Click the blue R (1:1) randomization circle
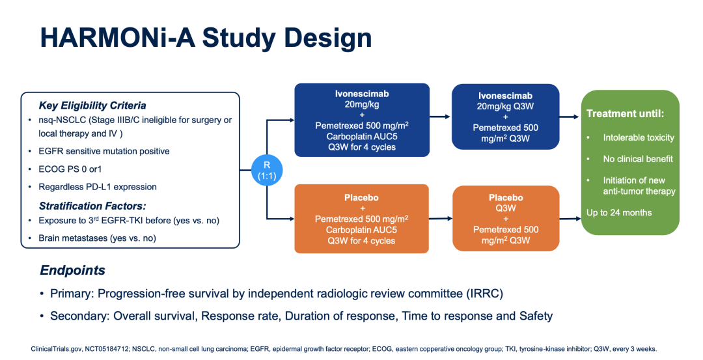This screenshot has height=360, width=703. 267,171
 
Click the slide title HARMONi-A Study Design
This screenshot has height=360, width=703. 206,38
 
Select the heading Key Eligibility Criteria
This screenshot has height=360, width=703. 92,105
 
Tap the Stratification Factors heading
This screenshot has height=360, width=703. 92,206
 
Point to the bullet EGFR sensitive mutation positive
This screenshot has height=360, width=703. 104,151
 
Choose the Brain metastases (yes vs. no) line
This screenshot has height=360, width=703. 97,238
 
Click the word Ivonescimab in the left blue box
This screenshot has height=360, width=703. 362,94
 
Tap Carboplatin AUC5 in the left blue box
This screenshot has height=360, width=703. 362,136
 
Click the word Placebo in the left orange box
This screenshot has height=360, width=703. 361,198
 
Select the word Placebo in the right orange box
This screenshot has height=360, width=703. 506,198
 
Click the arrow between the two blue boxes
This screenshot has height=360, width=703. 440,117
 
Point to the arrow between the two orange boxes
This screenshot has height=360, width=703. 441,219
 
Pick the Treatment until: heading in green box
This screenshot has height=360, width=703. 625,114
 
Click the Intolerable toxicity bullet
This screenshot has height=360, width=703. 639,137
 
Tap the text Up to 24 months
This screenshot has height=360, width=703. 619,212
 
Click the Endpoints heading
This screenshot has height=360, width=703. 73,270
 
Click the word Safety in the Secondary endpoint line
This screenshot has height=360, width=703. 536,316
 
